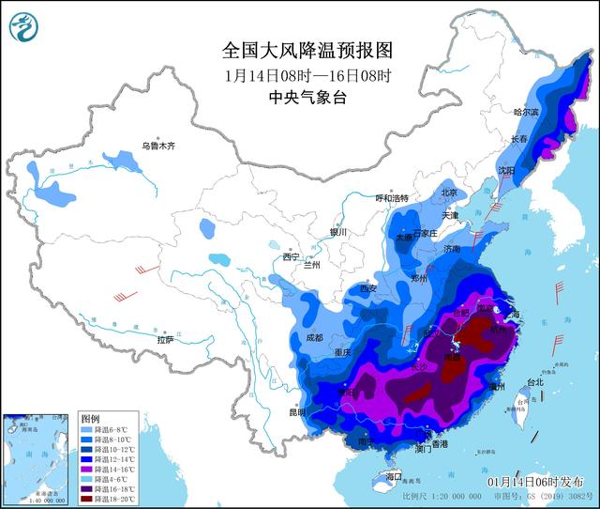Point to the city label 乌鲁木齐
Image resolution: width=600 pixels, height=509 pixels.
[158, 146]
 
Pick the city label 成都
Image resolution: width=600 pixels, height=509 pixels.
[313, 337]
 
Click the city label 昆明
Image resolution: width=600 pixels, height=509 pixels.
[297, 411]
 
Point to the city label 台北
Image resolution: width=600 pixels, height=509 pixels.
[533, 382]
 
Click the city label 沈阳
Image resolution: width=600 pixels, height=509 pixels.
[506, 172]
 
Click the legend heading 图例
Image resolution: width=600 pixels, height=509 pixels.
[90, 416]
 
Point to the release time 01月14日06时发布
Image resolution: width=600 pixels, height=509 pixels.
[541, 480]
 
